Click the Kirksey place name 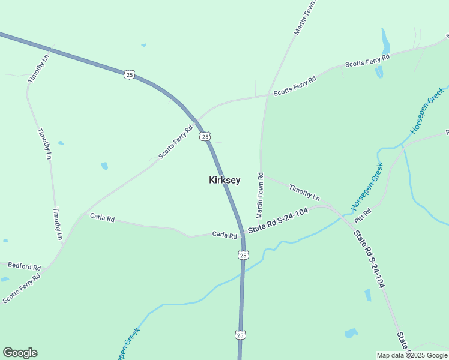click(x=224, y=180)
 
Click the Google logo click(x=20, y=353)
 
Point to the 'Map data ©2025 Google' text click(x=412, y=355)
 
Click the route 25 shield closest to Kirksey click(x=205, y=137)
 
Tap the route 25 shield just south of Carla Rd click(x=243, y=255)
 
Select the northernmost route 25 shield click(x=130, y=74)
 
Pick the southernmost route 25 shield click(x=240, y=334)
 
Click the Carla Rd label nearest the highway click(x=224, y=235)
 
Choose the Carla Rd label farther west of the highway click(x=102, y=217)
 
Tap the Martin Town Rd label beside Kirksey click(x=260, y=195)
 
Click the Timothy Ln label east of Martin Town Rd click(x=304, y=193)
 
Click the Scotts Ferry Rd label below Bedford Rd click(x=21, y=288)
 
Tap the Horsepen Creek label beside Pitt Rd click(x=367, y=190)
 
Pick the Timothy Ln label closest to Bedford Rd click(x=58, y=224)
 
